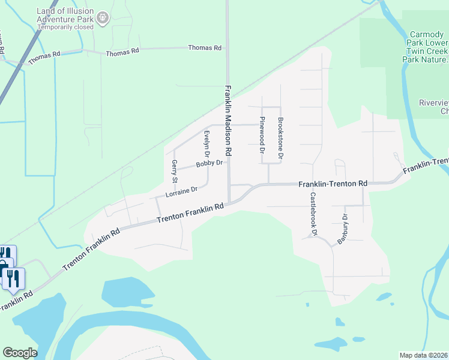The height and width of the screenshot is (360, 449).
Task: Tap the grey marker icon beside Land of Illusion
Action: [x=103, y=19]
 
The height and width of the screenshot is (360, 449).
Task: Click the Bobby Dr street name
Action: [x=209, y=163]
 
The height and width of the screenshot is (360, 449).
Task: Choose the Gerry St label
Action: [x=175, y=171]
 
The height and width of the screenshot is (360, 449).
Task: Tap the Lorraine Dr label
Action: [x=181, y=191]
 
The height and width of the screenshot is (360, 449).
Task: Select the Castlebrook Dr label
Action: [x=313, y=213]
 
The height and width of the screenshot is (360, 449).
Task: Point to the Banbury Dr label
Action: [x=343, y=229]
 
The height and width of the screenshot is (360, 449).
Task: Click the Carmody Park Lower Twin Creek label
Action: [x=428, y=47]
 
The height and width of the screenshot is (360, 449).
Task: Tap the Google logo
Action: [x=20, y=353]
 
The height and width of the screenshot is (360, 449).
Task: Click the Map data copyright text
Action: [x=423, y=355]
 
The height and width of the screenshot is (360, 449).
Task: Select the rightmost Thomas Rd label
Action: [x=205, y=47]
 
